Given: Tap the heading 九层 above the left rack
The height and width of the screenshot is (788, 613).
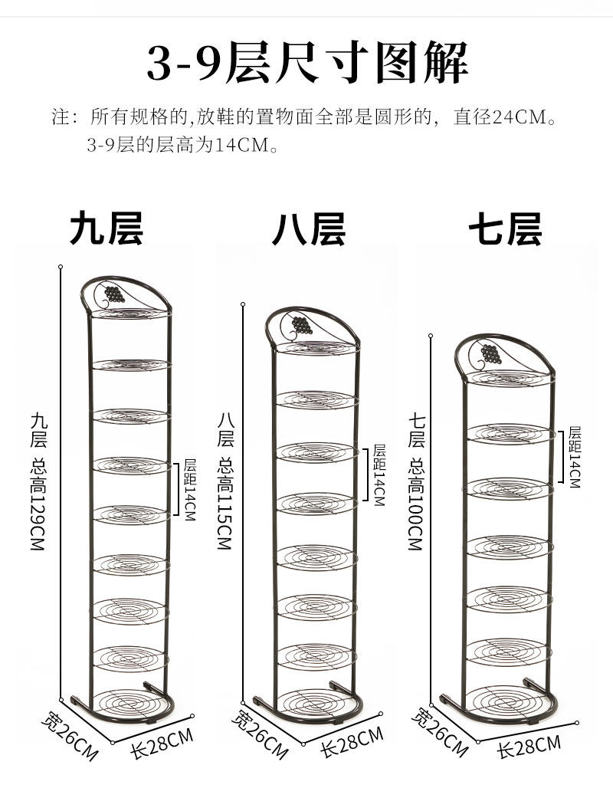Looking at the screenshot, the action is point(107,228).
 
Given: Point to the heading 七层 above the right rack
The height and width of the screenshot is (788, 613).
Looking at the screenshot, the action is point(505,228).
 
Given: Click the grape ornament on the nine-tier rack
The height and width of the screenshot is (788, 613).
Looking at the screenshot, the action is point(114,295).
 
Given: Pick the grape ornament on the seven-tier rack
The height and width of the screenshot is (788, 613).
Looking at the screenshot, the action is point(490,354).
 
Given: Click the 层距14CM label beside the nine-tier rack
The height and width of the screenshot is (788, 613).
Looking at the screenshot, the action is point(189,490).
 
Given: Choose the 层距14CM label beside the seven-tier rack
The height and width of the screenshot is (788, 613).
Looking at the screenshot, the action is point(574,458).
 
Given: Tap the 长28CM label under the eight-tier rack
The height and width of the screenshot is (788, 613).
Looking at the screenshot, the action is point(351,742).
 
